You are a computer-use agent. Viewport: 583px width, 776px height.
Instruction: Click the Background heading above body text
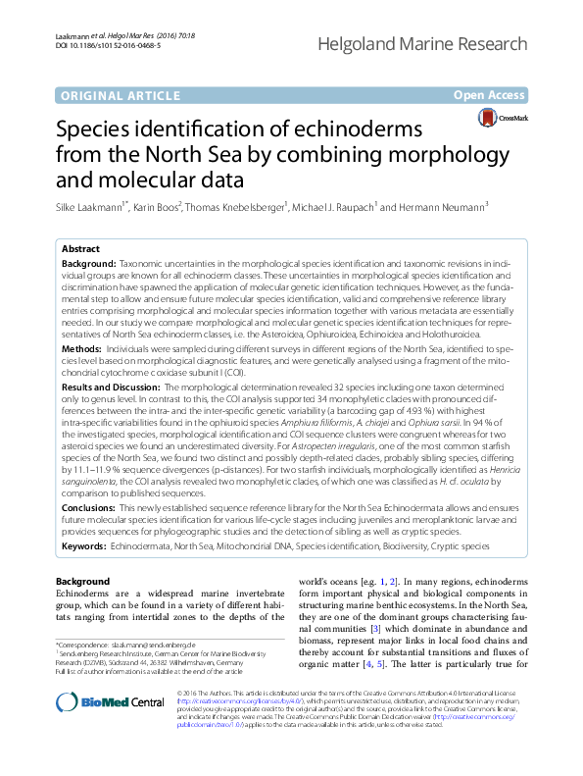tap(83, 582)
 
